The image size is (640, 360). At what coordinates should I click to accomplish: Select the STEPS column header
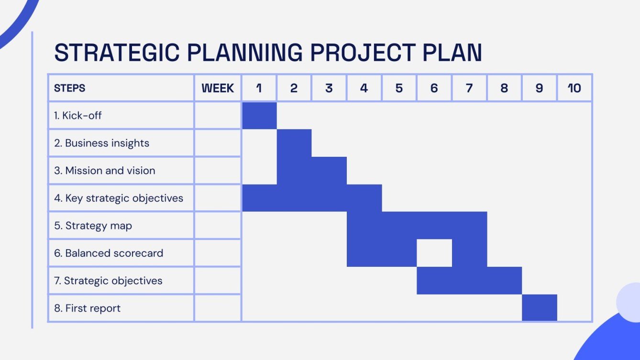click(70, 88)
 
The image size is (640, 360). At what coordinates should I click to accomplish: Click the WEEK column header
click(218, 88)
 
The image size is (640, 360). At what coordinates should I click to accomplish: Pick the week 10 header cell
click(574, 88)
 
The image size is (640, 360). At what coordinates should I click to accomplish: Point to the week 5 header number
click(399, 88)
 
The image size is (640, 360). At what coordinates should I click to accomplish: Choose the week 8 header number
click(504, 88)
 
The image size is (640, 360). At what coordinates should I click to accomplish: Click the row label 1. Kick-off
click(78, 116)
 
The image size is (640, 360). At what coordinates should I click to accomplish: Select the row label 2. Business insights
click(101, 143)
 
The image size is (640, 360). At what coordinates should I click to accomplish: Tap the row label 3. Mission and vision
click(104, 171)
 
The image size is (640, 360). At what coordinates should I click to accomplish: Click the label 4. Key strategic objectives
click(119, 198)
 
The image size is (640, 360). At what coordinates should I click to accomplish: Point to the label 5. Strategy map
click(93, 226)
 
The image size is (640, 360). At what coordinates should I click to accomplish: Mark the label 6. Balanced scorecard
click(109, 253)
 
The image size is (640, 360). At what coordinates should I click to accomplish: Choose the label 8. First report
click(87, 308)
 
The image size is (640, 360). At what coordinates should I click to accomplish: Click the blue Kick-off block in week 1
click(259, 116)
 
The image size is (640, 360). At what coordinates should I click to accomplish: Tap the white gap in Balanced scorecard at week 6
click(434, 253)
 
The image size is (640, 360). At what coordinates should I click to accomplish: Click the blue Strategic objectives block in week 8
click(504, 281)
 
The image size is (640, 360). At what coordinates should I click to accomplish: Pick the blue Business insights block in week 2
click(294, 143)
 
